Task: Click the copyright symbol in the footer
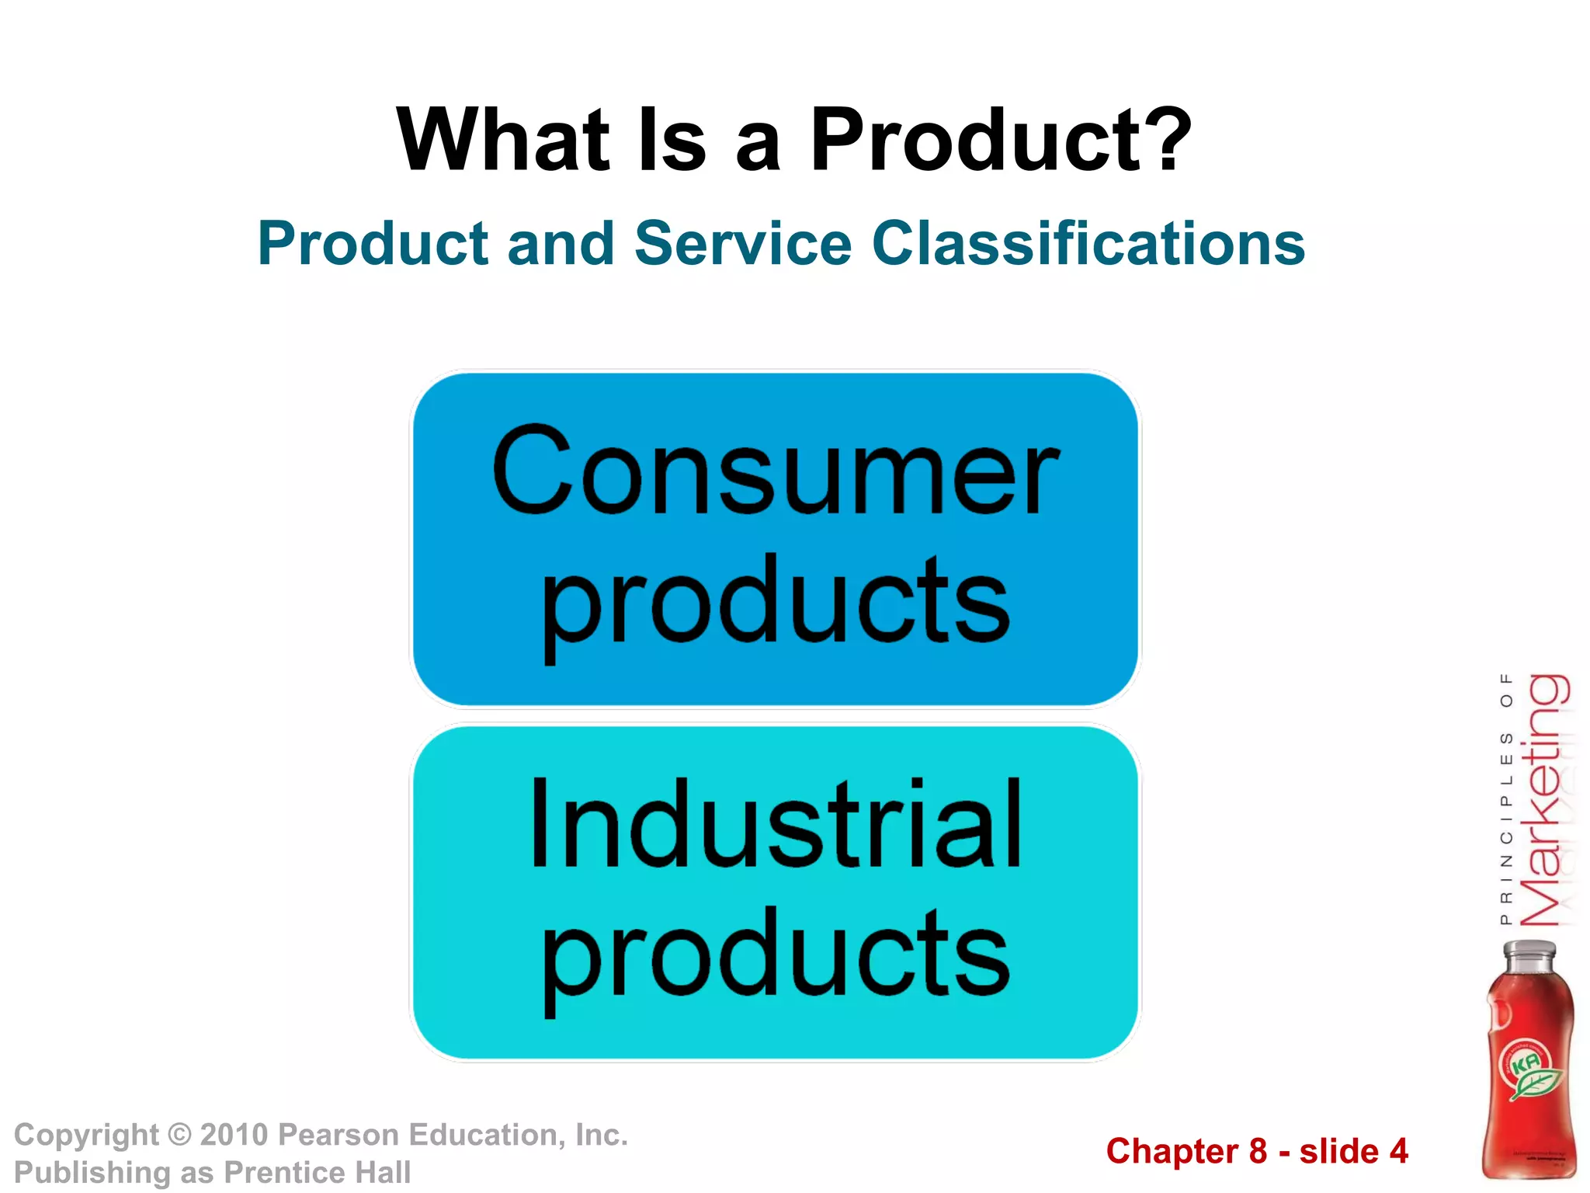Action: pyautogui.click(x=179, y=1135)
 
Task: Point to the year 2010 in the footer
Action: pyautogui.click(x=234, y=1135)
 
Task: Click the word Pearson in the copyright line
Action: pyautogui.click(x=338, y=1135)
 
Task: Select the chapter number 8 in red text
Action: pyautogui.click(x=1258, y=1151)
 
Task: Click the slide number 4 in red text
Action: pyautogui.click(x=1398, y=1151)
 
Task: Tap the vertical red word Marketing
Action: pyautogui.click(x=1543, y=800)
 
